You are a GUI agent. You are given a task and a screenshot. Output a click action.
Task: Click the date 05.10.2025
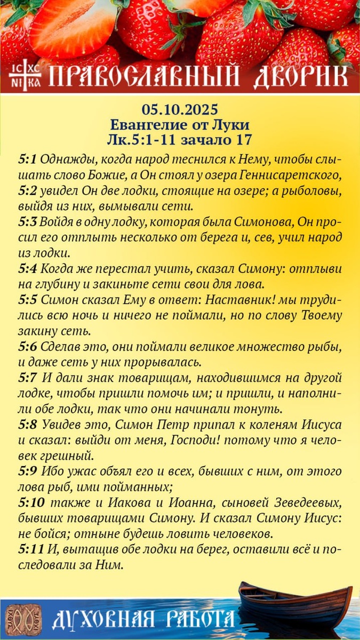click(180, 110)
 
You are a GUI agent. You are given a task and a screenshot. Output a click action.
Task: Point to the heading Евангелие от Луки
click(180, 125)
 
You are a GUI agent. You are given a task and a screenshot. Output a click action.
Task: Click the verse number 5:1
click(27, 160)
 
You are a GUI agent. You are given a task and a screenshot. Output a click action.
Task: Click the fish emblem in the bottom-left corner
click(23, 620)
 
